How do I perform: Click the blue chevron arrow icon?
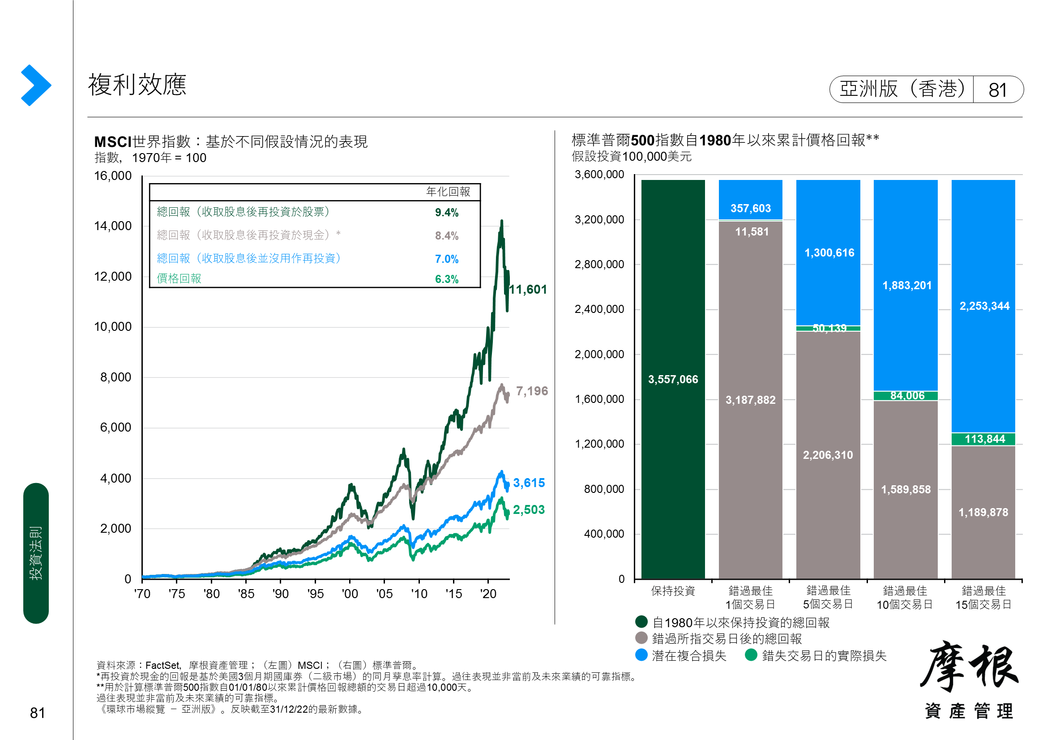36,85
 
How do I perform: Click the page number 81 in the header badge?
997,90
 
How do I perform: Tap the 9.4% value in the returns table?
446,213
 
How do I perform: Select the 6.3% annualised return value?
446,279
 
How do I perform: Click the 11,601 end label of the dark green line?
528,290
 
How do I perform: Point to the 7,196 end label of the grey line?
532,391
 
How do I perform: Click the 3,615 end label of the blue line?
529,483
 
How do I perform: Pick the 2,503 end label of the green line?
529,510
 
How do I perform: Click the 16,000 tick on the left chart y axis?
113,176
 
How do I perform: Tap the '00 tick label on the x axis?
350,594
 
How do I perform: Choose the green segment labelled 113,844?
983,439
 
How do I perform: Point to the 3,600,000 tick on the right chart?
599,175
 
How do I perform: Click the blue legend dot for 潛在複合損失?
641,655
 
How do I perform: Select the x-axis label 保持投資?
673,591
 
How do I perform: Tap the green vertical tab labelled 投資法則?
36,553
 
